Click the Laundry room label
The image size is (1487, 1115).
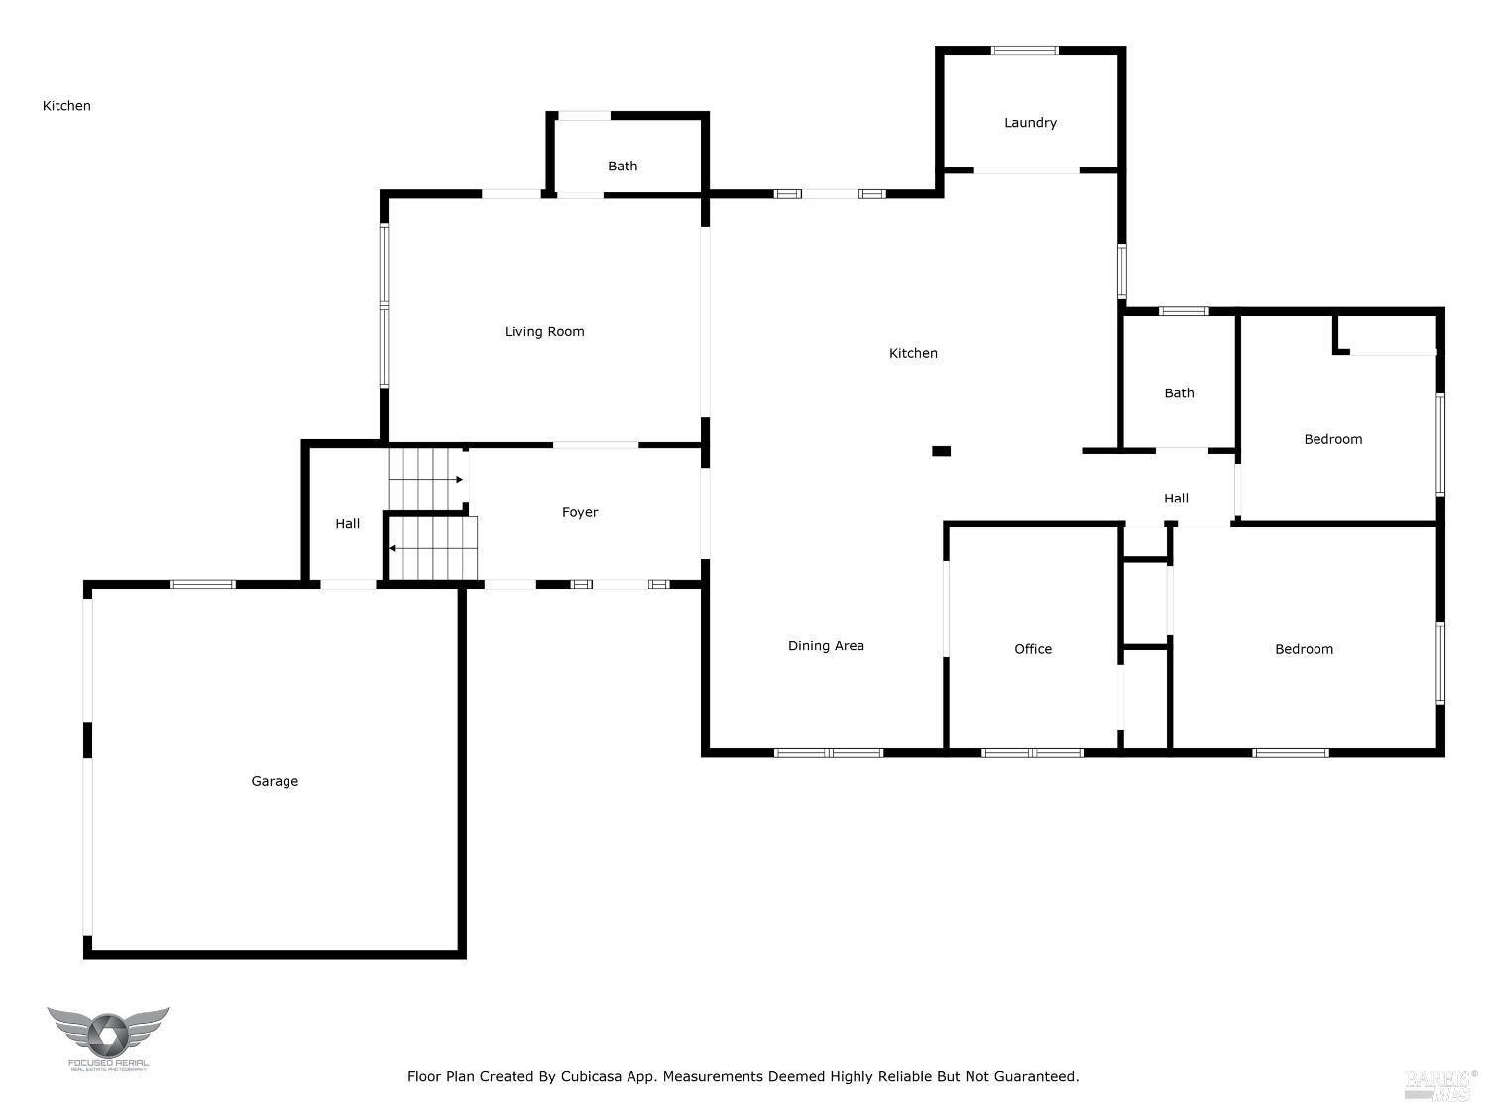[1030, 123]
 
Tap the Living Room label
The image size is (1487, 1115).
[544, 332]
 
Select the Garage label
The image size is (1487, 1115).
[275, 781]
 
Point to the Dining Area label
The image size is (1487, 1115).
[826, 646]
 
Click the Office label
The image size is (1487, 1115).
[1033, 649]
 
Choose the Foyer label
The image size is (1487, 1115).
[580, 512]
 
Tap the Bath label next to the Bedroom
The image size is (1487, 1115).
[1179, 393]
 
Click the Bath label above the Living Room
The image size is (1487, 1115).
[623, 167]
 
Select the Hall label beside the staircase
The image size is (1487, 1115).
[347, 524]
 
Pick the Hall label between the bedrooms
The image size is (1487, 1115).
[1176, 499]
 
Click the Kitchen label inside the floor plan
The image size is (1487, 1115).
[913, 353]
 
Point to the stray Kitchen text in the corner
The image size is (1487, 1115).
[66, 106]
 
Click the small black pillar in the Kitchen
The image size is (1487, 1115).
[941, 451]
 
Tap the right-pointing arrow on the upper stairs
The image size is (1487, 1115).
[458, 480]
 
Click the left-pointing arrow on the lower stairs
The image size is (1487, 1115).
[393, 548]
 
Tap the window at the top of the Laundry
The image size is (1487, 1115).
[1025, 50]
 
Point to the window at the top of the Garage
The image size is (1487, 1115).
[202, 584]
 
